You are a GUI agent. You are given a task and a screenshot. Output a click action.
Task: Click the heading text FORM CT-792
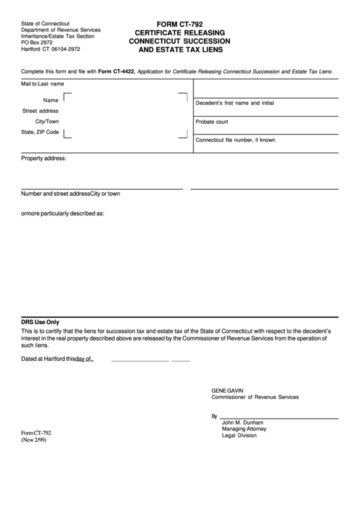tap(180, 23)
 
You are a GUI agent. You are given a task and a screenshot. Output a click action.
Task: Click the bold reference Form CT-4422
tap(117, 71)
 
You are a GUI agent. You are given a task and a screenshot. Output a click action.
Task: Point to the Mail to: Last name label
tap(42, 84)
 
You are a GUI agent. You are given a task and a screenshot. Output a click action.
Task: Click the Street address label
tap(40, 110)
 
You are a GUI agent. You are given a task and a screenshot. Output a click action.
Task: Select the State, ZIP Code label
tap(40, 132)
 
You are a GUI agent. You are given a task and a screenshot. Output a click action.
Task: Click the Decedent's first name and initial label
tap(234, 103)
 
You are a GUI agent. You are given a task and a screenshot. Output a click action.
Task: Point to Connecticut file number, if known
tap(235, 140)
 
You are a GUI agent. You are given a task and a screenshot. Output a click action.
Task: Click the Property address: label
tap(43, 158)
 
